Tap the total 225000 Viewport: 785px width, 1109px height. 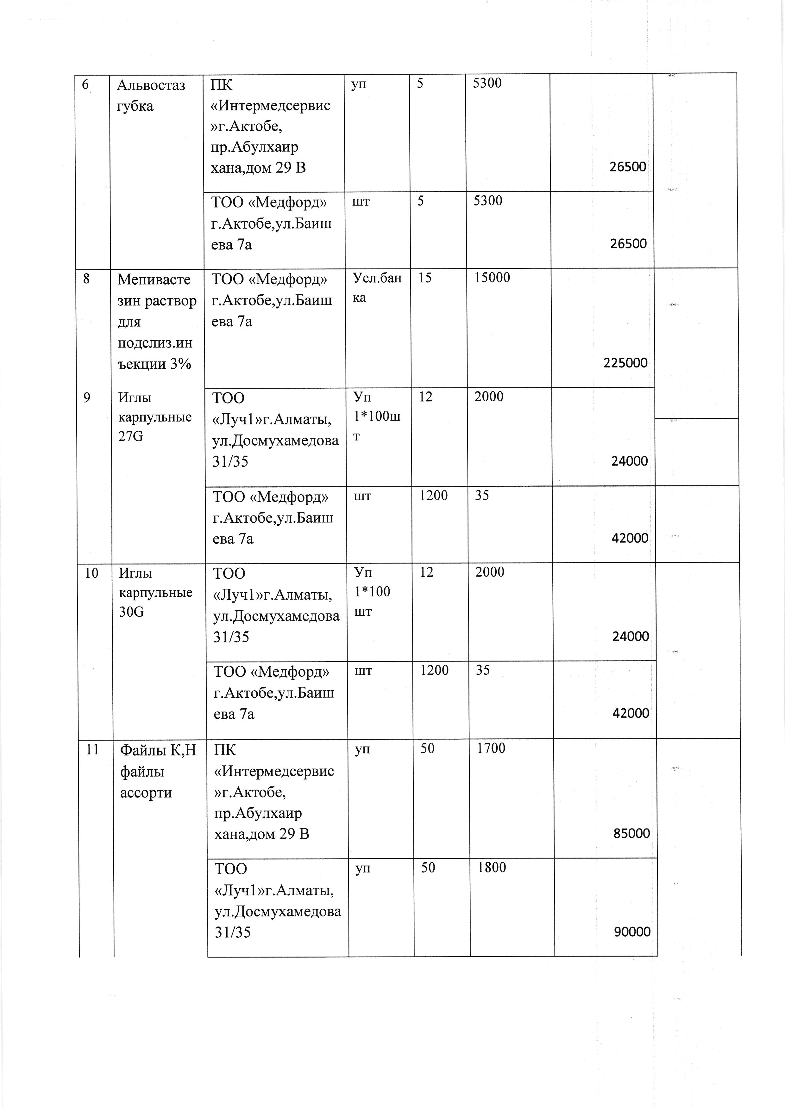coord(625,363)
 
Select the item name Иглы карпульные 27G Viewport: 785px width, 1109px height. coord(155,417)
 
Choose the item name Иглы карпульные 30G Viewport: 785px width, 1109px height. coord(156,592)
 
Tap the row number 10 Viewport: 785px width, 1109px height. coord(91,573)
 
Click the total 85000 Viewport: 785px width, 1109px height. coord(631,834)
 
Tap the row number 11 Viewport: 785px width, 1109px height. coord(92,750)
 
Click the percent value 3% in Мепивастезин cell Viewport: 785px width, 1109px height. coord(180,364)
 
